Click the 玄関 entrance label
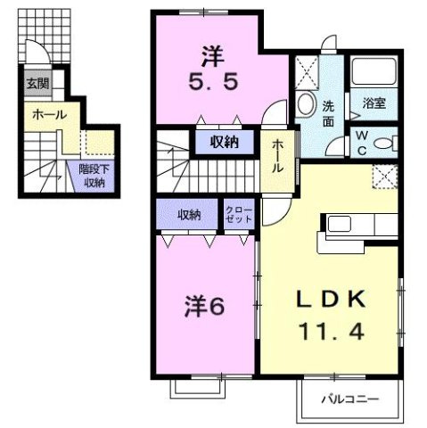click(37, 85)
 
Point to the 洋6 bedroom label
click(203, 308)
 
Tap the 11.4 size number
click(331, 331)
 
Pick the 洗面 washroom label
click(328, 113)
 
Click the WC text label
click(363, 142)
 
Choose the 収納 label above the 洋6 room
click(188, 214)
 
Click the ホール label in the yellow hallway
click(278, 158)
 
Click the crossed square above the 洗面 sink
click(309, 70)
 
